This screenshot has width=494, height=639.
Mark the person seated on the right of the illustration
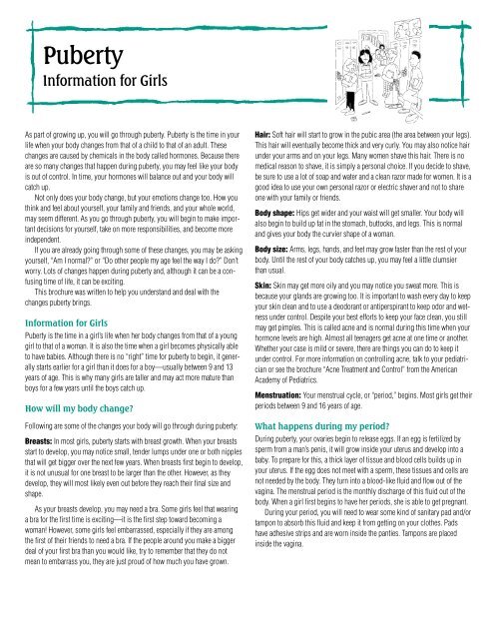click(439, 80)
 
